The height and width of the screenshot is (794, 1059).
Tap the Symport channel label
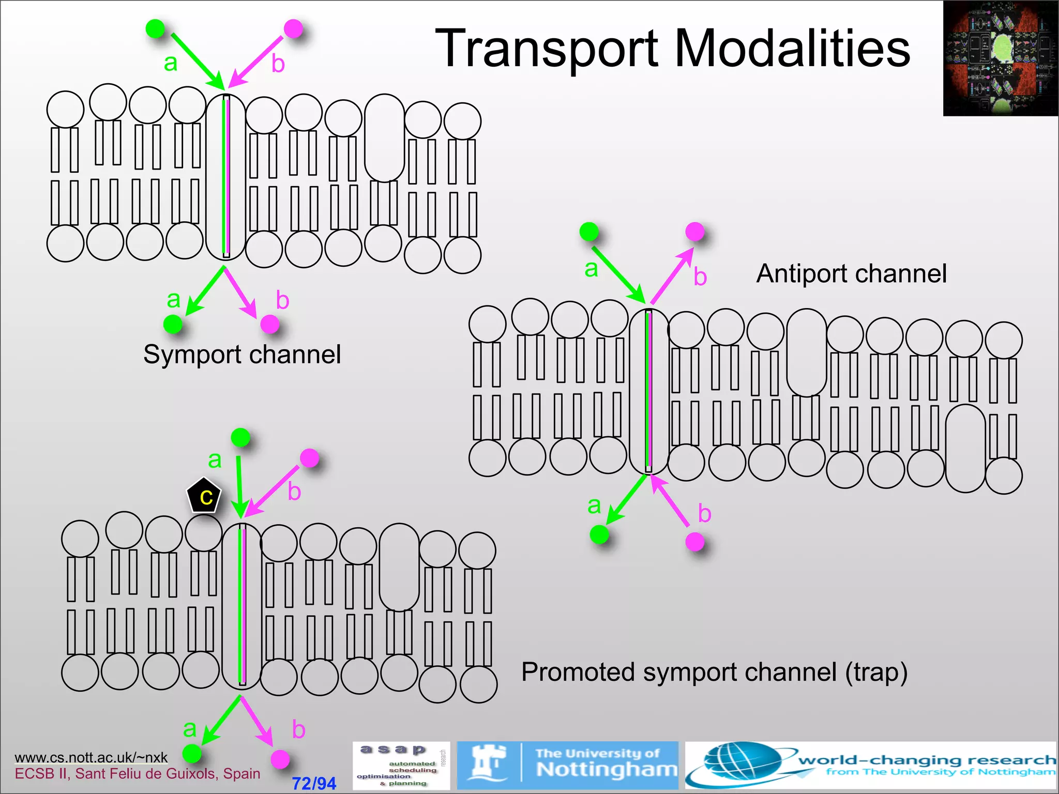242,355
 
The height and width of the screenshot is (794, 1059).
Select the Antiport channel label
851,273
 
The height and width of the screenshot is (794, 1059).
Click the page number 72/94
314,783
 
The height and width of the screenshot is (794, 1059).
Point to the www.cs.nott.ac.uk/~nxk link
91,757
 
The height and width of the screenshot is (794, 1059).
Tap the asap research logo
401,766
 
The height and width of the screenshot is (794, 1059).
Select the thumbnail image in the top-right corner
1000,58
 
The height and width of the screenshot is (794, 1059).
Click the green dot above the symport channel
155,28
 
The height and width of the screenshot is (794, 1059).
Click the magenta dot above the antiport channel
694,231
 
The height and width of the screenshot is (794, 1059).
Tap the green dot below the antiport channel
599,534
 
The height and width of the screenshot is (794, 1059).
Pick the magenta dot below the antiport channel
694,542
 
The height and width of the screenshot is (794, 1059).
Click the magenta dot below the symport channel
269,324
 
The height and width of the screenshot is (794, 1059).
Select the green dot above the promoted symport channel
240,437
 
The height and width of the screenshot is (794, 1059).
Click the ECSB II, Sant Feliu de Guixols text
137,774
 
